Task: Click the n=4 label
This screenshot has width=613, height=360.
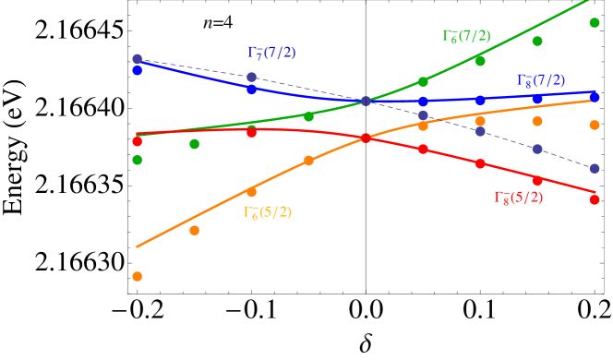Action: tap(219, 23)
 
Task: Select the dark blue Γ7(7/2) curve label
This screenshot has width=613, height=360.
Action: tap(271, 53)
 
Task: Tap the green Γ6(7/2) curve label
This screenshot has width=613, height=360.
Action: tap(466, 36)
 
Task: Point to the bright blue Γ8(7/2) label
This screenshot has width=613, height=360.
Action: tap(541, 81)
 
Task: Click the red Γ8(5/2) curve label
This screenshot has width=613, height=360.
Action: tap(518, 198)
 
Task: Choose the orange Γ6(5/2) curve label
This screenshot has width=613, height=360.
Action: tap(268, 212)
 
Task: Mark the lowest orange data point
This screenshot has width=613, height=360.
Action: tap(138, 276)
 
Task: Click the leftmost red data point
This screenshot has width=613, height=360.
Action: tap(138, 141)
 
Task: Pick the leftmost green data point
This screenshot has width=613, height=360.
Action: tap(138, 160)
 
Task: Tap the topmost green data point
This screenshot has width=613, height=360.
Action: tap(595, 22)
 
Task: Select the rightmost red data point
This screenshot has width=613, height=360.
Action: tap(595, 199)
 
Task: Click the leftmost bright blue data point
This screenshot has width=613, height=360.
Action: tap(138, 70)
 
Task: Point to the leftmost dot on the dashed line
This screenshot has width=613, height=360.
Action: tap(138, 59)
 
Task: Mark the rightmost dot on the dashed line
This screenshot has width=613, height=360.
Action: tap(595, 168)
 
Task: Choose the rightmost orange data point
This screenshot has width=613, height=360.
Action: tap(595, 125)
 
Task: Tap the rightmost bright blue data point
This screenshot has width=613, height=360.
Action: tap(595, 96)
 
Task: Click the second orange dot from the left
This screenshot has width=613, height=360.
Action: tap(195, 230)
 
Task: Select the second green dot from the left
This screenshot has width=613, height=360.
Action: tap(195, 144)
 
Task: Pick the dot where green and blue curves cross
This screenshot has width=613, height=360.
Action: tap(366, 101)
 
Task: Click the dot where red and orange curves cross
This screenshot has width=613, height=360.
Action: tap(366, 138)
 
